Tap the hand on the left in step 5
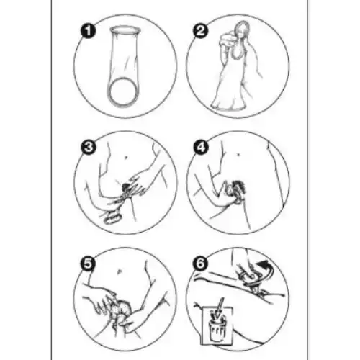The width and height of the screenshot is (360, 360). pos(101,298)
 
